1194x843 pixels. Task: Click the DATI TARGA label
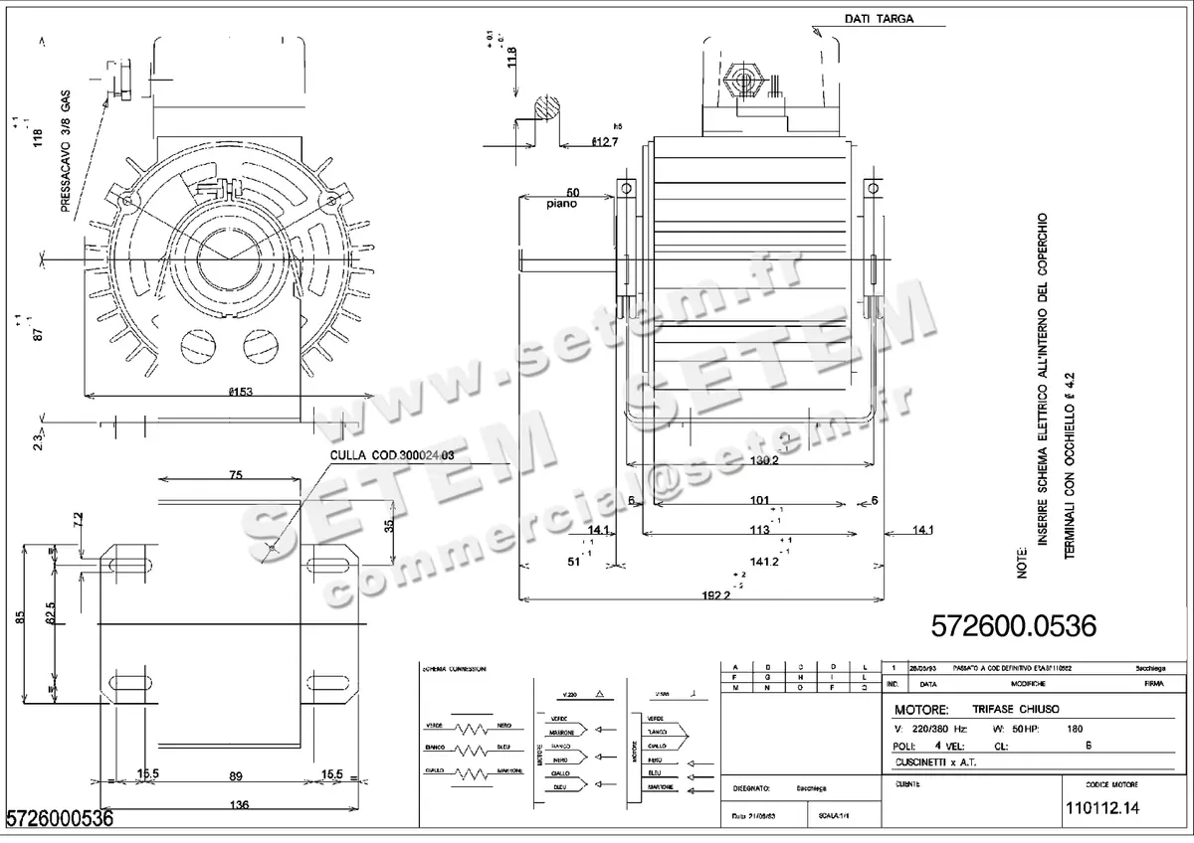879,19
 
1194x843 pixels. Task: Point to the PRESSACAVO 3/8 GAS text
66,155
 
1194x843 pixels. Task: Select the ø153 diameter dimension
240,392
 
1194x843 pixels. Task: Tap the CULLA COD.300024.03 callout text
392,454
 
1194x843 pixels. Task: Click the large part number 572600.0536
1013,626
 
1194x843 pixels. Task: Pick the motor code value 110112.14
1100,808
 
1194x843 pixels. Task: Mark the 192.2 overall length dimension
712,594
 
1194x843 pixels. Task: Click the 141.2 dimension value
764,562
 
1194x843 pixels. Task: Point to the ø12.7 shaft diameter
605,143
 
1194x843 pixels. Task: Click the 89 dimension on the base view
235,773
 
